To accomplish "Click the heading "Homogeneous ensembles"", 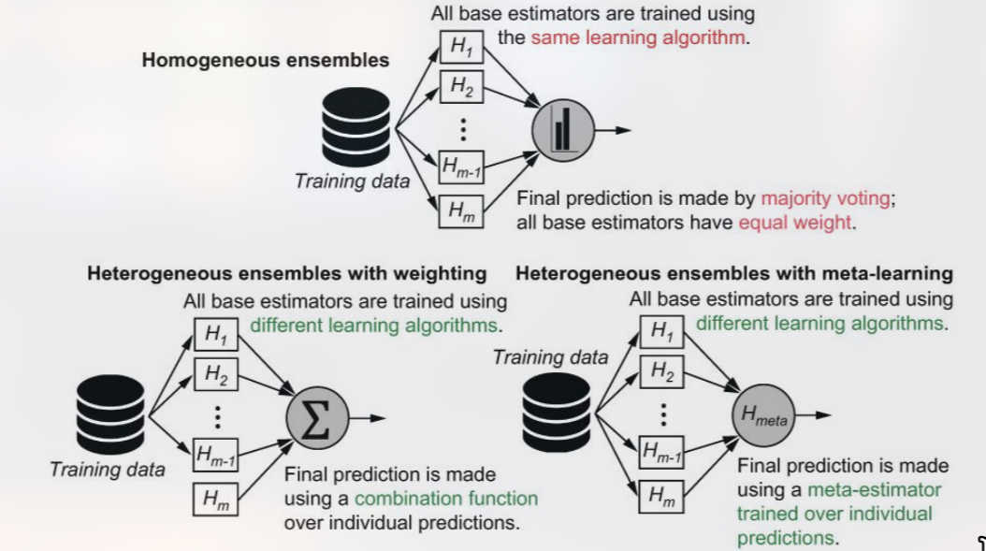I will pos(266,61).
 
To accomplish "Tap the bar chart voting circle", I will pos(563,131).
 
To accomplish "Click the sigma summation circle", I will pos(317,417).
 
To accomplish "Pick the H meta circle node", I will pos(763,417).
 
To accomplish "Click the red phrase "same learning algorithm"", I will pos(639,38).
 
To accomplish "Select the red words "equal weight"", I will pos(795,223).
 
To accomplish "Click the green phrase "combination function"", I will pos(446,498).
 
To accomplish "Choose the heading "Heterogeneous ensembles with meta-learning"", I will pos(734,274).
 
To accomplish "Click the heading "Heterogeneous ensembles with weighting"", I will pos(287,274).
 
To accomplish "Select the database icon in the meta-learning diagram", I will pos(557,413).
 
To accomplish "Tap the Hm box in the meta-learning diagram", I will pos(661,494).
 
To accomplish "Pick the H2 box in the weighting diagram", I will pos(216,376).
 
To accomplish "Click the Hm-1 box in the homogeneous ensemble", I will pos(460,168).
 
